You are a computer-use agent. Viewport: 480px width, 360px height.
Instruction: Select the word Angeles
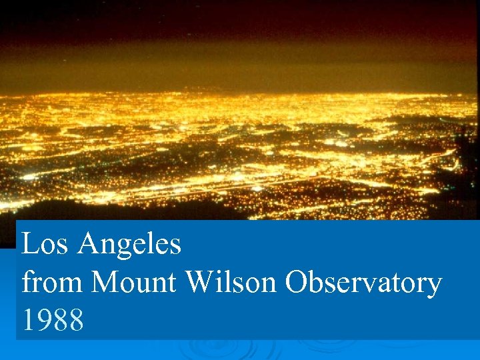129,245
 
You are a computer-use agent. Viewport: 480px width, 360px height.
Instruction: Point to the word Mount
135,283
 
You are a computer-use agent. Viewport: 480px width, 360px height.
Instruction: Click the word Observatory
363,284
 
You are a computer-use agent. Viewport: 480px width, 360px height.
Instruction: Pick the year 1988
53,321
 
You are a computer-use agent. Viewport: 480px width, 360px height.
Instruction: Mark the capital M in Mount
105,283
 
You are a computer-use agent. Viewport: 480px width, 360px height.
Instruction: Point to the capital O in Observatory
296,283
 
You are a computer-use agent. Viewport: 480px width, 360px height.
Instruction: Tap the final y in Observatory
433,287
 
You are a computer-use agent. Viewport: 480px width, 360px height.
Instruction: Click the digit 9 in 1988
44,321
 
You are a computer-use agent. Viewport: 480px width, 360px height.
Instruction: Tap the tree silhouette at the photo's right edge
467,167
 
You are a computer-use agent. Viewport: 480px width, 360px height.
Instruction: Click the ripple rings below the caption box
220,348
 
